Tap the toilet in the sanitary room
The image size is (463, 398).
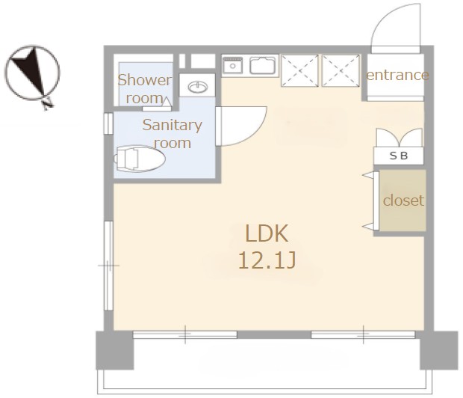click(140, 159)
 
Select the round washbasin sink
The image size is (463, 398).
click(198, 87)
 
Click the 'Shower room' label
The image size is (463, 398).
click(145, 89)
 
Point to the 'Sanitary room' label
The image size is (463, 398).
click(173, 134)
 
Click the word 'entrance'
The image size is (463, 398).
click(397, 75)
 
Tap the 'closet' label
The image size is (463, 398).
click(403, 200)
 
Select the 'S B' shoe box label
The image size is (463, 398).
click(399, 156)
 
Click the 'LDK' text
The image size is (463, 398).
click(267, 233)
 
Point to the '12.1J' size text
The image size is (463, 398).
click(267, 260)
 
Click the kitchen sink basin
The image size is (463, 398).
click(264, 65)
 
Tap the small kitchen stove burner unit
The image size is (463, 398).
click(233, 64)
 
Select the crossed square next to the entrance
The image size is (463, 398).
click(341, 71)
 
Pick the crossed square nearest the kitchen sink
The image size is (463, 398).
click(300, 71)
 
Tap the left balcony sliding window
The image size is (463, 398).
click(185, 334)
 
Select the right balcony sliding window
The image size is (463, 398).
click(363, 334)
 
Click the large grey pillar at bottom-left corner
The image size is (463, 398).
click(115, 350)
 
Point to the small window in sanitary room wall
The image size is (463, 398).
click(108, 123)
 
